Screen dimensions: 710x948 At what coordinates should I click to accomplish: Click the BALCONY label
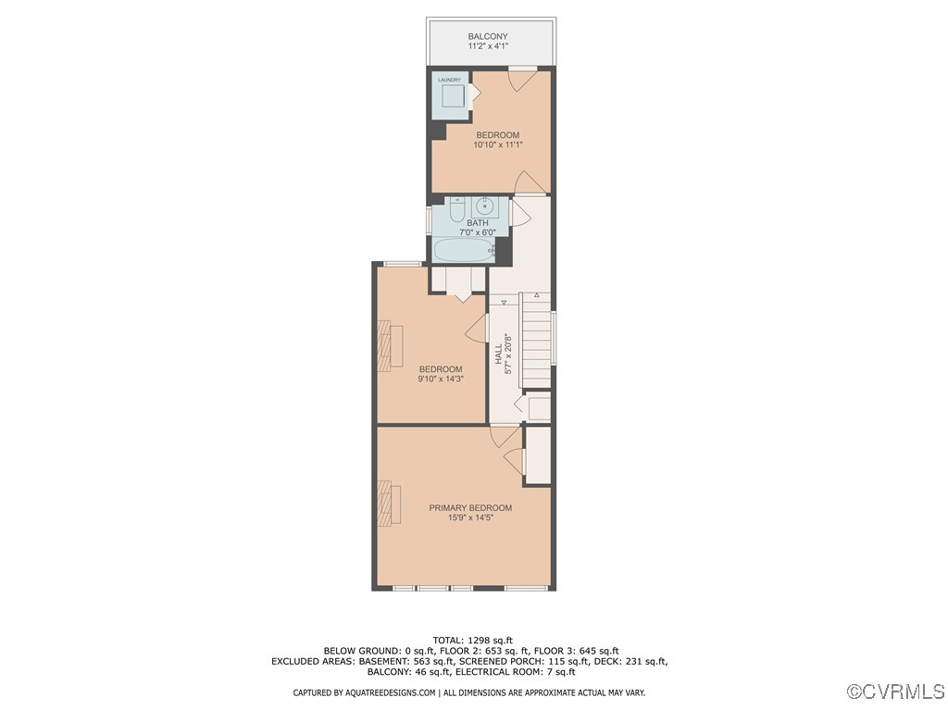tap(487, 37)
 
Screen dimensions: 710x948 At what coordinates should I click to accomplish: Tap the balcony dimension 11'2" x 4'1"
tap(487, 47)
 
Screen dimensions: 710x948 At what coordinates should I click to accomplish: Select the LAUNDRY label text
tap(449, 81)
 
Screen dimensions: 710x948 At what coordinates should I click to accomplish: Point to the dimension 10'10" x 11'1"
tap(498, 144)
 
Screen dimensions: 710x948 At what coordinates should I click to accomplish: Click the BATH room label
tap(477, 223)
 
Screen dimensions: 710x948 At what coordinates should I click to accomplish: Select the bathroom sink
tap(485, 206)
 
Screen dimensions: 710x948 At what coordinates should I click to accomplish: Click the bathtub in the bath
tap(458, 251)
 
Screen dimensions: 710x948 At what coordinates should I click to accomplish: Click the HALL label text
tap(498, 353)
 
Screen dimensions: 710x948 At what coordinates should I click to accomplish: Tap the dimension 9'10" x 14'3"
tap(440, 379)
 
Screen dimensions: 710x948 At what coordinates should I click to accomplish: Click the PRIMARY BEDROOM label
tap(470, 508)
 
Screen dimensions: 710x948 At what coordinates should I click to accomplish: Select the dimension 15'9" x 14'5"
tap(470, 518)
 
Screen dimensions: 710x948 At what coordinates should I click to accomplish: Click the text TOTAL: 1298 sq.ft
tap(472, 640)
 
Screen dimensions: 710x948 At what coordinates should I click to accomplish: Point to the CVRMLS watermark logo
tap(896, 691)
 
